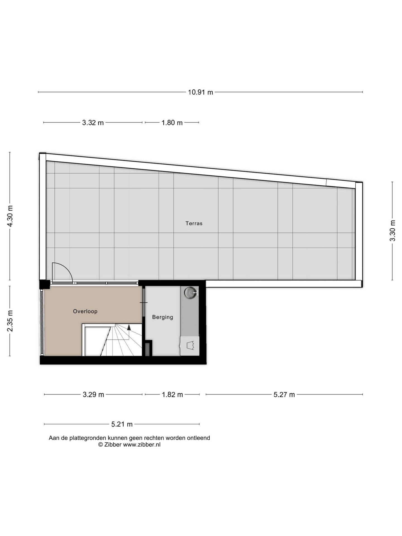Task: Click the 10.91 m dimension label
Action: (200, 92)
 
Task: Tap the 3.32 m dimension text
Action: (93, 123)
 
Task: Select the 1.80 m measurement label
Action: (172, 123)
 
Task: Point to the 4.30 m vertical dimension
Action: (10, 216)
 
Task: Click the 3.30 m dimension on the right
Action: (393, 231)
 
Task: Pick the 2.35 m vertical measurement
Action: (10, 321)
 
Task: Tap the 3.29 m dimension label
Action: (93, 394)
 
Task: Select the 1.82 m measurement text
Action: (172, 394)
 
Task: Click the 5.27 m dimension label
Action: (284, 394)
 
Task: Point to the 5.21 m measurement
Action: (122, 424)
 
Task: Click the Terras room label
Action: (194, 223)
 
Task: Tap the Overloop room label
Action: (85, 311)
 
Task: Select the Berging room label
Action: (162, 317)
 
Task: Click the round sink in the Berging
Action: (190, 292)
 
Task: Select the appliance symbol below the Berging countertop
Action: (190, 346)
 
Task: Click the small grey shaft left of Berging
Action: (148, 350)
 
